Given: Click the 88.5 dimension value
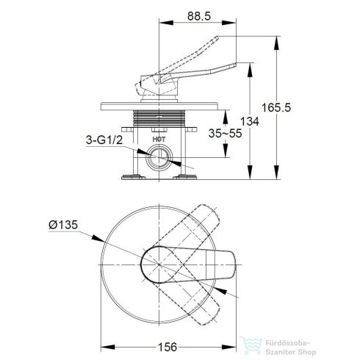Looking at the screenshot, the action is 199,16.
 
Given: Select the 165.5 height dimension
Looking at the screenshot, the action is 276,107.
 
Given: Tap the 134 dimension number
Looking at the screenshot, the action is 249,121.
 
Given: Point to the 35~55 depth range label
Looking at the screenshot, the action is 225,134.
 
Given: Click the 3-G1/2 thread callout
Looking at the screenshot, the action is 104,140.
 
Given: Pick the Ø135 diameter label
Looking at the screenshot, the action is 63,225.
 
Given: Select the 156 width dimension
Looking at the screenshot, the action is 168,347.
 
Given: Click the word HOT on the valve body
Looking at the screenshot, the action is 159,140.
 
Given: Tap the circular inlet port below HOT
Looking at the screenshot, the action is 159,157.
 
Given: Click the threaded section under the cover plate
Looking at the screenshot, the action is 159,119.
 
